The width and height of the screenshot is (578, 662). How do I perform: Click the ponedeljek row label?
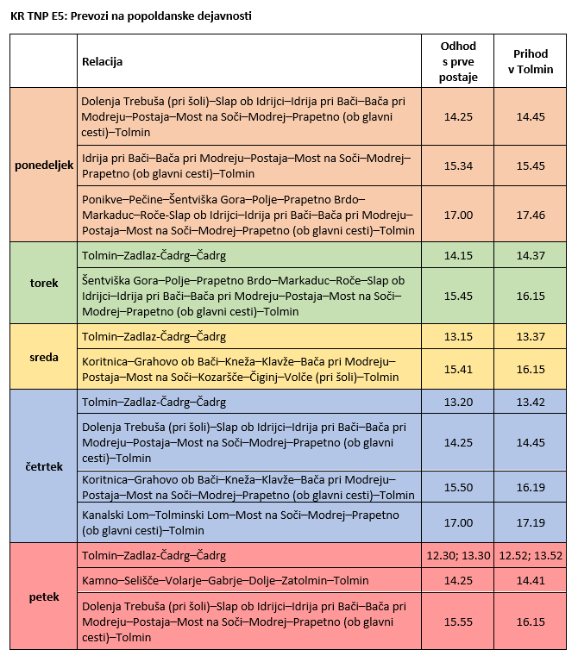tap(44, 164)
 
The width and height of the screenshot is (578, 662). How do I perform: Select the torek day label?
tap(44, 283)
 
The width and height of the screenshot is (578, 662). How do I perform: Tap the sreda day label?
tap(44, 357)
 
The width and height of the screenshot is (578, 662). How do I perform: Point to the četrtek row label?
tap(44, 466)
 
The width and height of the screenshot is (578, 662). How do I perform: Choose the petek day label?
tap(44, 596)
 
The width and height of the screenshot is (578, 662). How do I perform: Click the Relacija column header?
tap(103, 61)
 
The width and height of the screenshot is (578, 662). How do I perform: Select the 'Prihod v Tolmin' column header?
tap(530, 61)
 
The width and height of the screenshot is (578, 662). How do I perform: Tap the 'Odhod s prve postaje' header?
tap(457, 61)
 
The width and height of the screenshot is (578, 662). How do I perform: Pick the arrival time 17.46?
tap(530, 215)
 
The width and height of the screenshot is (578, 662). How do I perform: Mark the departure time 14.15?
tap(457, 256)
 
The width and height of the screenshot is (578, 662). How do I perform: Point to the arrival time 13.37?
tap(530, 336)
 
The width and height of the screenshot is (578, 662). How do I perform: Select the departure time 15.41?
tap(457, 369)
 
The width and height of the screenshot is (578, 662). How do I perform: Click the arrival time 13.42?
tap(530, 402)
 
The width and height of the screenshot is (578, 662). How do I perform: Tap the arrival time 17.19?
tap(530, 522)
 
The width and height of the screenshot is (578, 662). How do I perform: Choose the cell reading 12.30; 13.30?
tap(457, 556)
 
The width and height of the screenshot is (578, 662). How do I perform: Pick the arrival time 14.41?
tap(530, 580)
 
